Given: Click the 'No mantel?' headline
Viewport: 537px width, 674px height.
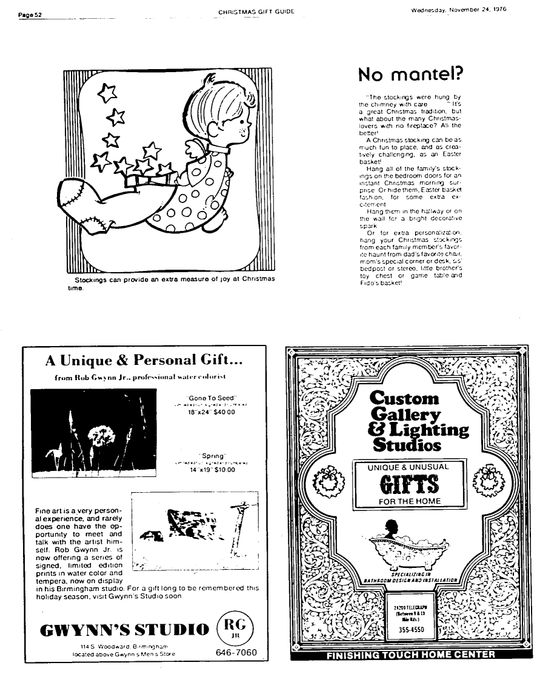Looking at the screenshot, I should point(410,74).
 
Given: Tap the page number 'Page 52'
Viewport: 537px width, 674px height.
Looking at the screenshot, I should point(28,14).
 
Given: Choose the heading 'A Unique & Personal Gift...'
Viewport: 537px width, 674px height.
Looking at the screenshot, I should point(144,361).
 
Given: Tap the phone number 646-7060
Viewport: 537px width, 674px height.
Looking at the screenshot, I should point(236,653).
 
